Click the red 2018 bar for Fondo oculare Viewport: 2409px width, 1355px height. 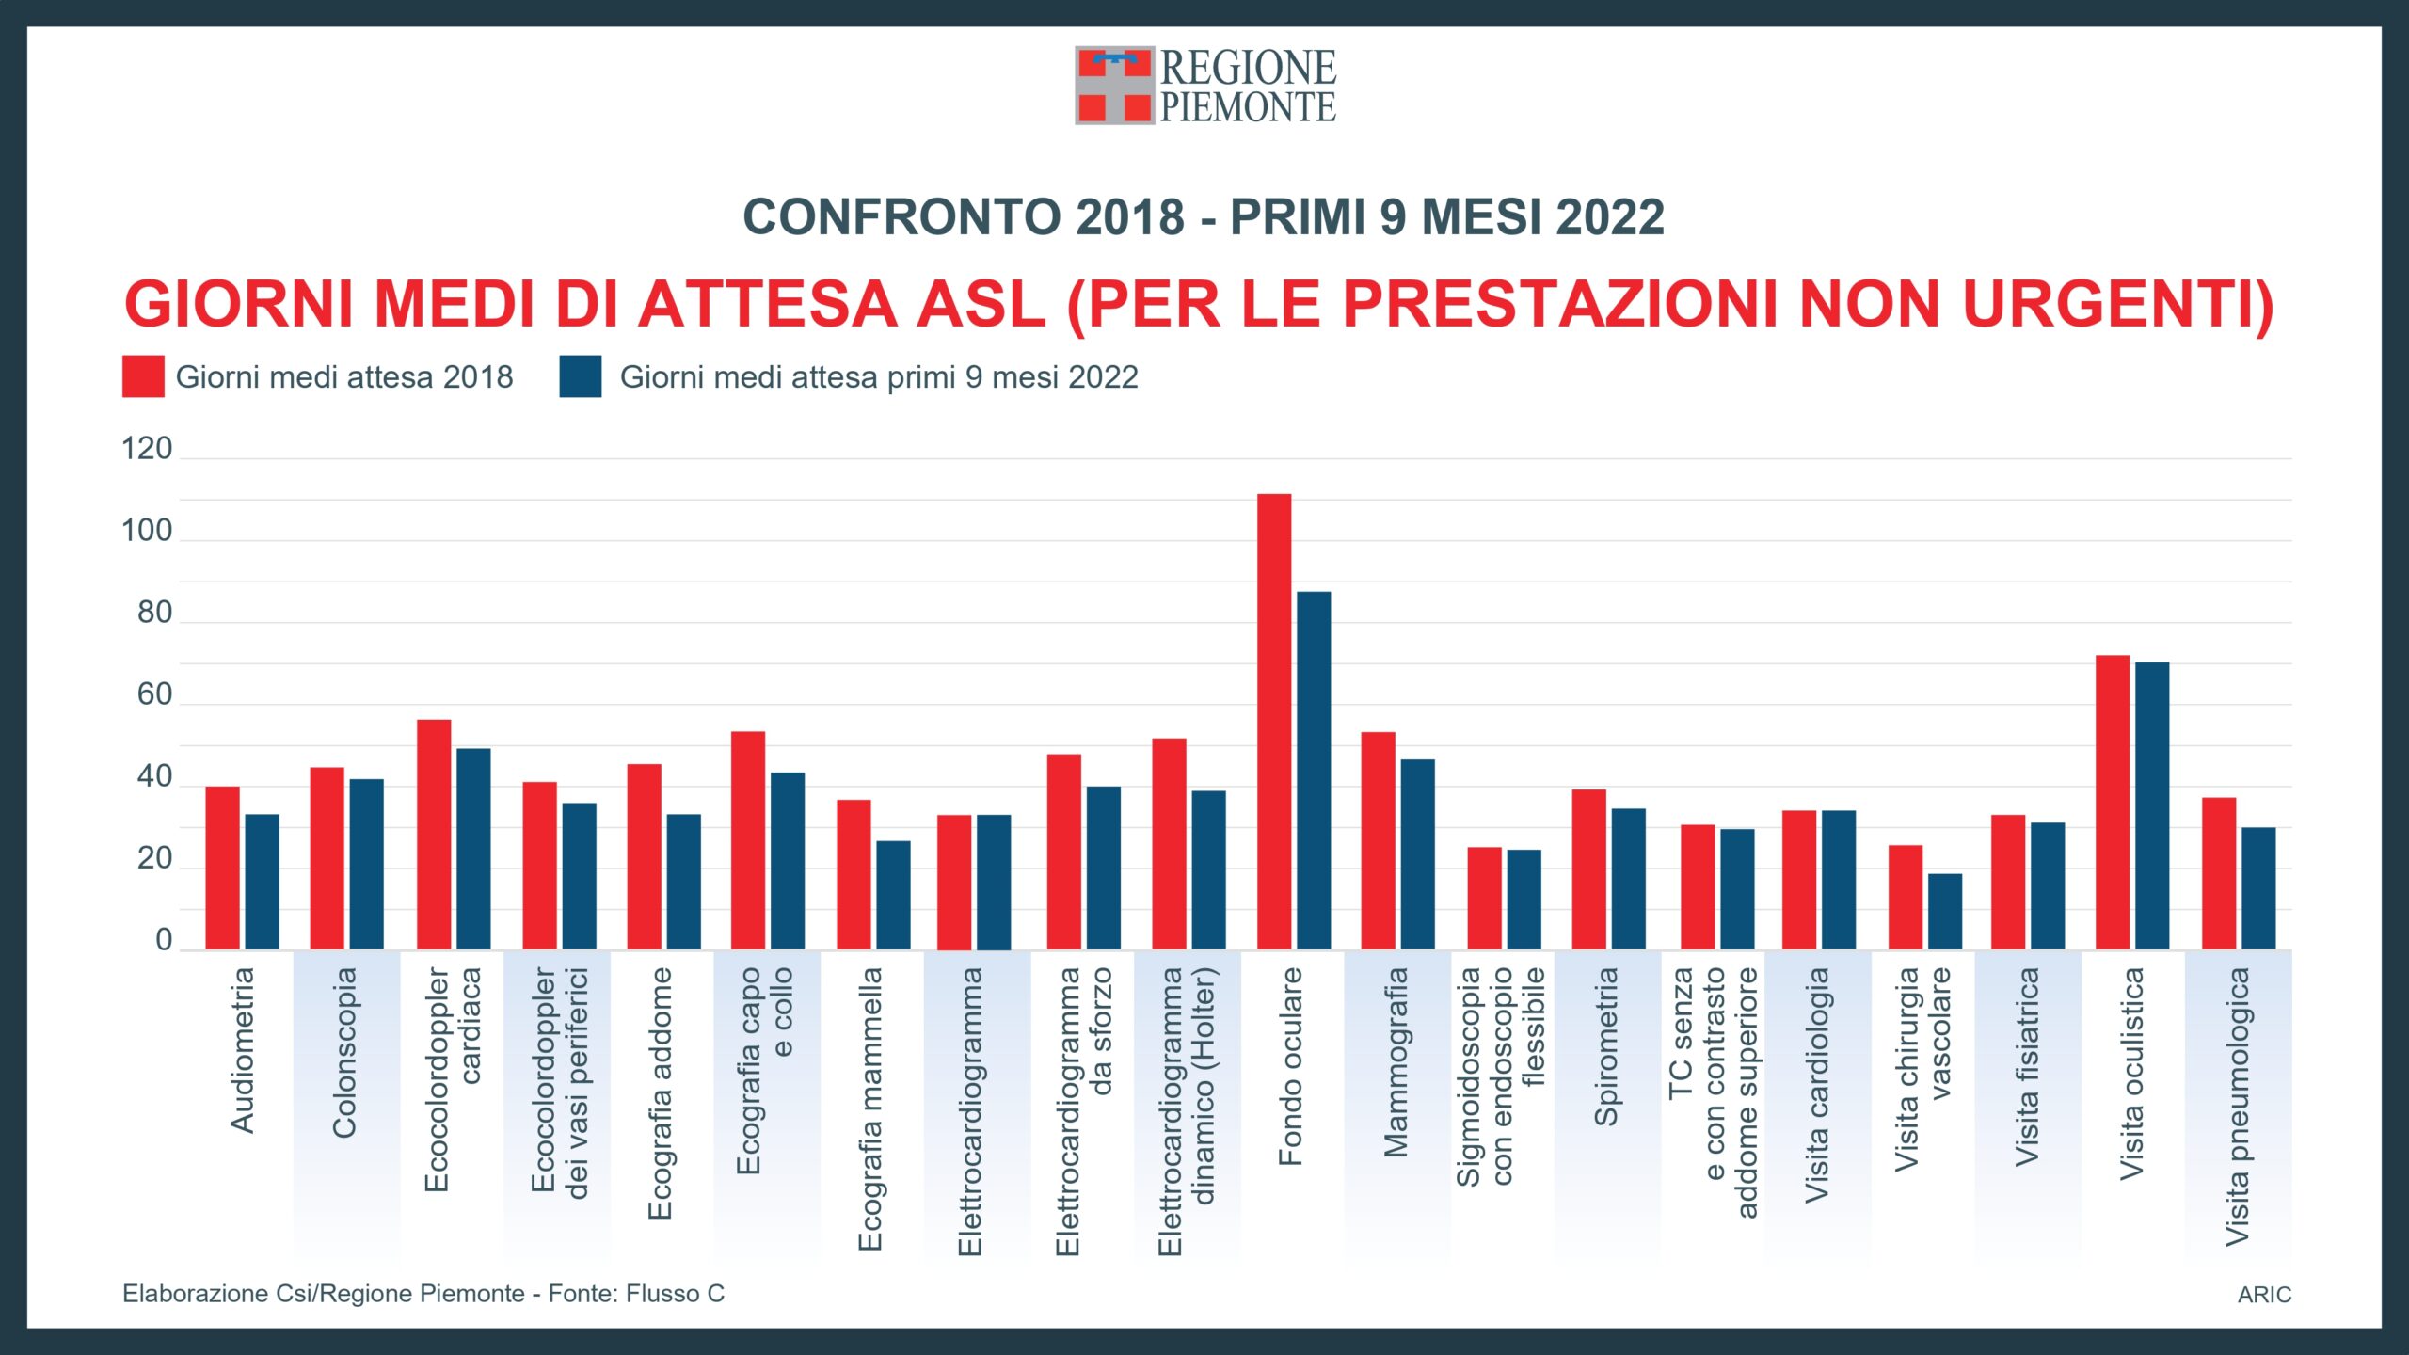pyautogui.click(x=1274, y=721)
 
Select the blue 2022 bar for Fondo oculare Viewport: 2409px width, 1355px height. pyautogui.click(x=1314, y=770)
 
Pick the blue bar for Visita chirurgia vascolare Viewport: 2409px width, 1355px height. pyautogui.click(x=1945, y=911)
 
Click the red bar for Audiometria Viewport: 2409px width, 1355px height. pyautogui.click(x=223, y=868)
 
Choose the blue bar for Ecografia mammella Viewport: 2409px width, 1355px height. pyautogui.click(x=893, y=894)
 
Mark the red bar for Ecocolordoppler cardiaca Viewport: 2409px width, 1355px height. pyautogui.click(x=434, y=834)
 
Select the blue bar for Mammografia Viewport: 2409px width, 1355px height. pyautogui.click(x=1417, y=853)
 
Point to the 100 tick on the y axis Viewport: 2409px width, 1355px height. pyautogui.click(x=147, y=531)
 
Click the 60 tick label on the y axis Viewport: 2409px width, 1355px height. pyautogui.click(x=154, y=694)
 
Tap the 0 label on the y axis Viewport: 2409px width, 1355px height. pyautogui.click(x=164, y=940)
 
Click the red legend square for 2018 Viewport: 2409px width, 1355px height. pyautogui.click(x=143, y=376)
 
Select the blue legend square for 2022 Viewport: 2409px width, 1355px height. pyautogui.click(x=581, y=376)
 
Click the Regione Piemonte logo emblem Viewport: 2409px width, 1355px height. pyautogui.click(x=1114, y=86)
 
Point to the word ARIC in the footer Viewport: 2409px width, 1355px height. pyautogui.click(x=2264, y=1295)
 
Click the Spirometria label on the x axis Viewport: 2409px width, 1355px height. pyautogui.click(x=1605, y=1046)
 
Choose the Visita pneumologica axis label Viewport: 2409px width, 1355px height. pyautogui.click(x=2238, y=1107)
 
